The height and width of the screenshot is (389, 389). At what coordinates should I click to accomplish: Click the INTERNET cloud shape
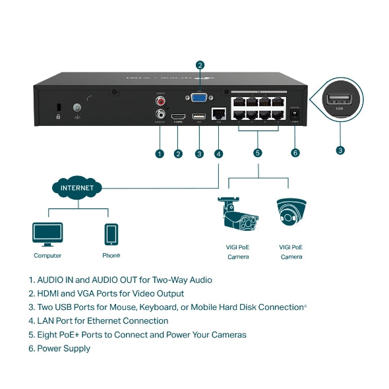click(x=77, y=188)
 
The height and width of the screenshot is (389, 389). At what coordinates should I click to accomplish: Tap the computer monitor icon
click(x=47, y=233)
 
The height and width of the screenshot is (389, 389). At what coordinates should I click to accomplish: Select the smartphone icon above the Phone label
click(x=111, y=234)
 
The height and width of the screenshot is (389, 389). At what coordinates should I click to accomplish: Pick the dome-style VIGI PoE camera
click(x=291, y=213)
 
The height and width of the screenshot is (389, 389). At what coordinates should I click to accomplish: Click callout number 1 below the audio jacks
click(x=159, y=154)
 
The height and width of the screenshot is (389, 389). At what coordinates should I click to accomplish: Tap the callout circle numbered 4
click(x=218, y=154)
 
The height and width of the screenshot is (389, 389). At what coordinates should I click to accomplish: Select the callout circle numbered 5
click(x=258, y=153)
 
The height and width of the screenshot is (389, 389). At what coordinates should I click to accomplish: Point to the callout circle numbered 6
click(x=295, y=153)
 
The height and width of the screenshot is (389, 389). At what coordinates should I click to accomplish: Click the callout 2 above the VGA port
click(x=200, y=65)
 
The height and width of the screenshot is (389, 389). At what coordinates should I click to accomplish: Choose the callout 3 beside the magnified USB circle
click(x=340, y=150)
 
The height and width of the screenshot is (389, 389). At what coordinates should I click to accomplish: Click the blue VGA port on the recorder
click(x=198, y=98)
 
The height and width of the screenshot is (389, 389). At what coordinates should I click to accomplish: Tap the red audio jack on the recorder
click(x=160, y=102)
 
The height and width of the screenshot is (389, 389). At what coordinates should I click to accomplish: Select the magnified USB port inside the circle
click(x=340, y=101)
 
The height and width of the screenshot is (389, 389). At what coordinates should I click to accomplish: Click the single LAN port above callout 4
click(x=218, y=115)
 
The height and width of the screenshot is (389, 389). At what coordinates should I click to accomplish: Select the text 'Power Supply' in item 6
click(x=64, y=348)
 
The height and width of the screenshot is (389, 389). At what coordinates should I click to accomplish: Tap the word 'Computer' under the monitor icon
click(x=47, y=256)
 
